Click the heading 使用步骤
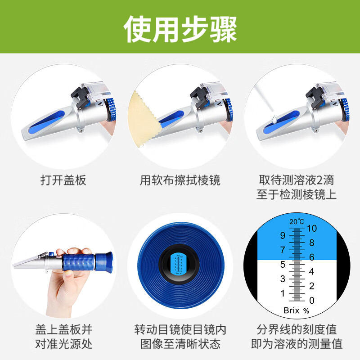180,29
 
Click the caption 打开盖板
63,181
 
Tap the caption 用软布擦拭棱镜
180,181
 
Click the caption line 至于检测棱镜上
297,194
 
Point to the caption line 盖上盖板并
63,329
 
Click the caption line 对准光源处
63,344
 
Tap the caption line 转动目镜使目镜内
180,329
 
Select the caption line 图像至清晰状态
180,344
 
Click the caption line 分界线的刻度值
297,329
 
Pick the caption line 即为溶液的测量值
297,344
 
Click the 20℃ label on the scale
297,221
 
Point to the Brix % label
297,310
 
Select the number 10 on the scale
312,229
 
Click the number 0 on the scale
312,300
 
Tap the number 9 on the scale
283,235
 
